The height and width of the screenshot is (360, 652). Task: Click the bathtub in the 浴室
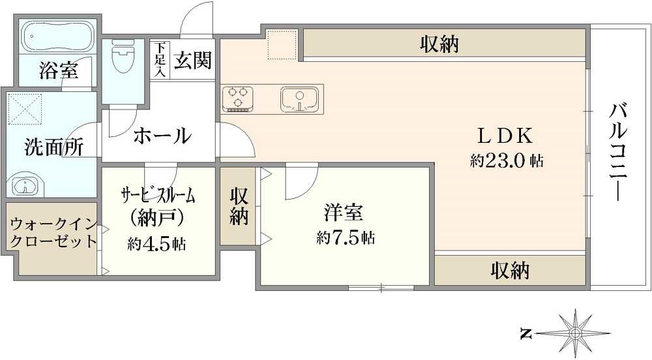56,37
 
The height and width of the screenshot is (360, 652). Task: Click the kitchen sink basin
299,98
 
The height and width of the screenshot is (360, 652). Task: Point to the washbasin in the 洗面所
26,185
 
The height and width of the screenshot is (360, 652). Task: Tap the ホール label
162,136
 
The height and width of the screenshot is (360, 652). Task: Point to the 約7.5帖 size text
345,238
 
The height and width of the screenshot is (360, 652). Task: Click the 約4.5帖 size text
156,245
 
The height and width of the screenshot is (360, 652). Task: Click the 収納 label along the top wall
439,44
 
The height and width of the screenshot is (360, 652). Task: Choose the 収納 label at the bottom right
511,269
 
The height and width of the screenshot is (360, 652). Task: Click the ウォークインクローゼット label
52,233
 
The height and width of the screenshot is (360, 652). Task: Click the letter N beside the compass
525,335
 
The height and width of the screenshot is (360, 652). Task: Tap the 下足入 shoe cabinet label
160,61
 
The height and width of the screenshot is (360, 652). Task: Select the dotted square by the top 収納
282,44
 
